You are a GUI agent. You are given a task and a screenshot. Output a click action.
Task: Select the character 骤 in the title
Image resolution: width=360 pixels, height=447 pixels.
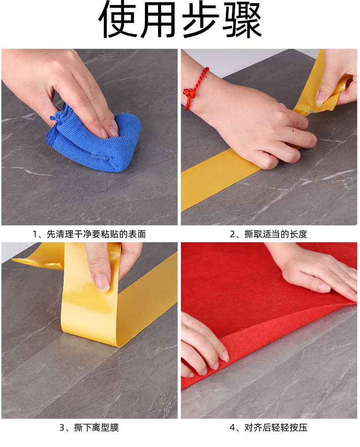(x=242, y=20)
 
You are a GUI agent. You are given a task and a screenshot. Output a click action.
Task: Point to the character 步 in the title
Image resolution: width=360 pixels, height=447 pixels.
(x=201, y=20)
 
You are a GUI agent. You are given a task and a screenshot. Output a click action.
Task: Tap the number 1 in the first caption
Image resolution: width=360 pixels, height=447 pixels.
(x=35, y=234)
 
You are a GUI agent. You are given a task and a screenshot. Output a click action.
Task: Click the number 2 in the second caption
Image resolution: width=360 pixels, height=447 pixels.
(x=232, y=234)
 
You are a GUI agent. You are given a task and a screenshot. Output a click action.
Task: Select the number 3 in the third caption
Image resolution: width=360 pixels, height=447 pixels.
(x=62, y=428)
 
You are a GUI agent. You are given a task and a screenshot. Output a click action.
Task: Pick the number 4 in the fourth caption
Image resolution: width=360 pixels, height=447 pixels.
(x=232, y=428)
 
